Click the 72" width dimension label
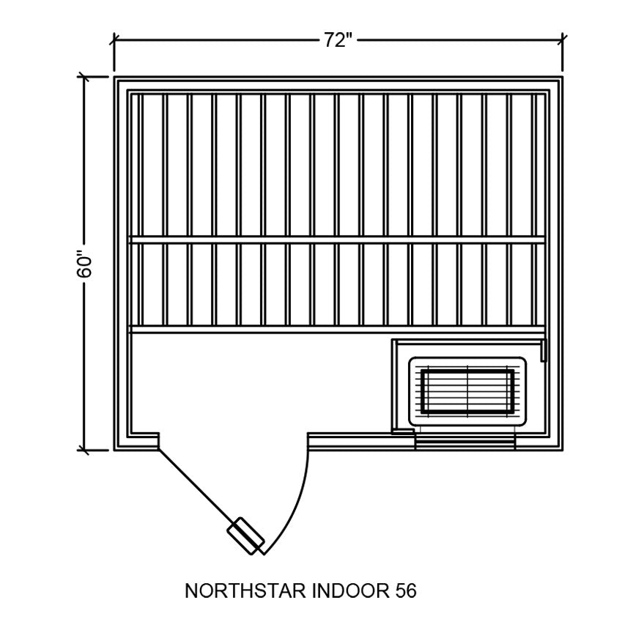338,41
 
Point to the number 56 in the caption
404,591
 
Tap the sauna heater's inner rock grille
467,392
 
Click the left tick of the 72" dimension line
114,42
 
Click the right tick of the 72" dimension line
563,42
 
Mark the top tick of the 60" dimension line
85,77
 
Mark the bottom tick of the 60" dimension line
85,450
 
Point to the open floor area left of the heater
256,381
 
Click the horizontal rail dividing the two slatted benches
337,240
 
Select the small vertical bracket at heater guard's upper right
544,350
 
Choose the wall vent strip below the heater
465,442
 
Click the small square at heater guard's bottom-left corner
399,431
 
